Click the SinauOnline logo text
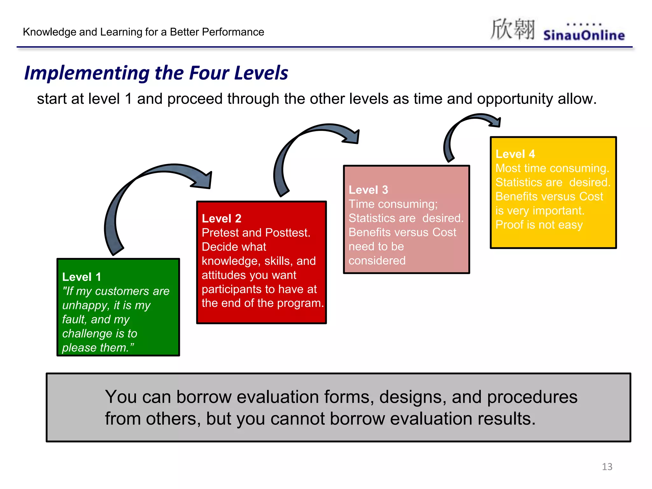pyautogui.click(x=584, y=35)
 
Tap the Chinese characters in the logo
pyautogui.click(x=512, y=29)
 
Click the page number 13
pyautogui.click(x=607, y=467)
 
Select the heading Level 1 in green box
pyautogui.click(x=81, y=277)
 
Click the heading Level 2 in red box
pyautogui.click(x=222, y=218)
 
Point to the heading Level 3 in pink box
pyautogui.click(x=368, y=190)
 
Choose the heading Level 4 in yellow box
pyautogui.click(x=515, y=154)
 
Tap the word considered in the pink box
pyautogui.click(x=377, y=261)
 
